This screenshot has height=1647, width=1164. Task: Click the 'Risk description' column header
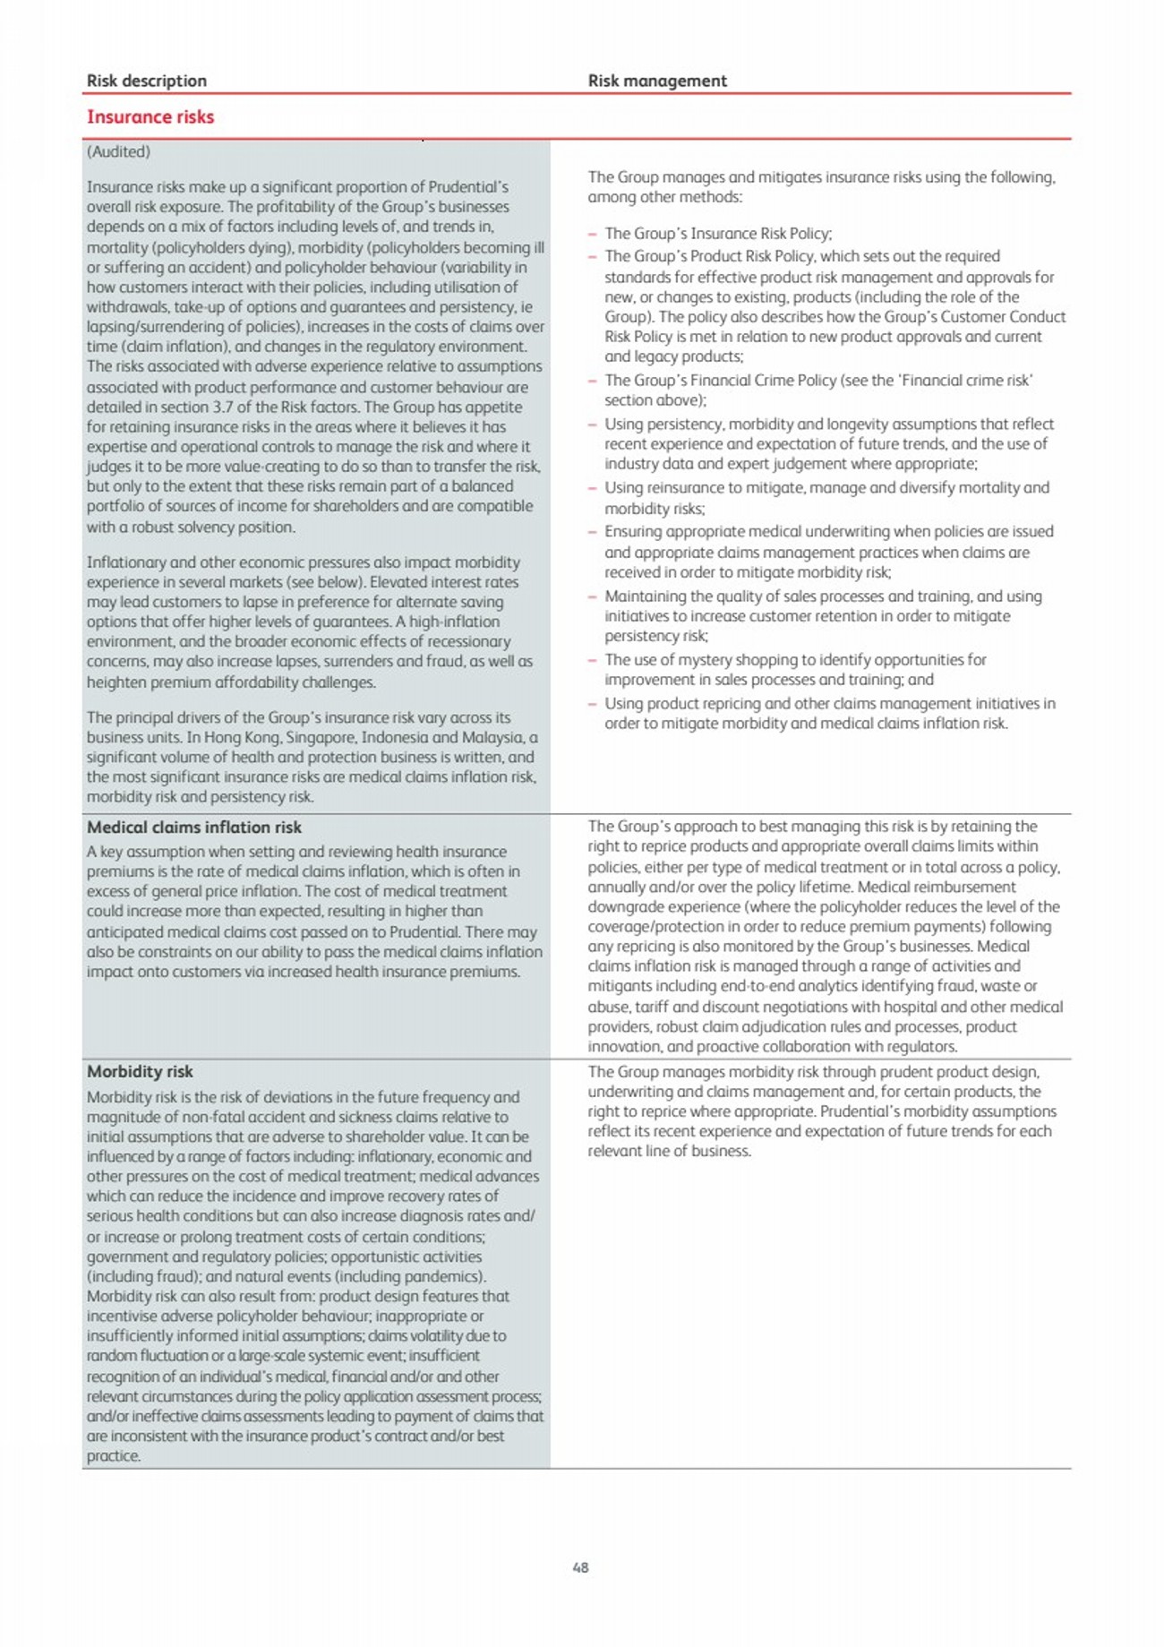coord(147,81)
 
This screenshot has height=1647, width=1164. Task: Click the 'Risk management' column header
coord(657,81)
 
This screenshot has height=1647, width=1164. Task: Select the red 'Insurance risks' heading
coord(150,116)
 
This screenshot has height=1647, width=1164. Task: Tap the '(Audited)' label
coord(118,151)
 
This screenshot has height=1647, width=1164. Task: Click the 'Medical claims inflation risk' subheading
coord(194,828)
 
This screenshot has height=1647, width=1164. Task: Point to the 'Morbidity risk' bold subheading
coord(140,1071)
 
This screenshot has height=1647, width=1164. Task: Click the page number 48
coord(580,1567)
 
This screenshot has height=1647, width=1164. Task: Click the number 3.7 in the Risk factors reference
coord(222,407)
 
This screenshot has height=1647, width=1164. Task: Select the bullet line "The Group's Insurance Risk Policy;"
coord(718,234)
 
